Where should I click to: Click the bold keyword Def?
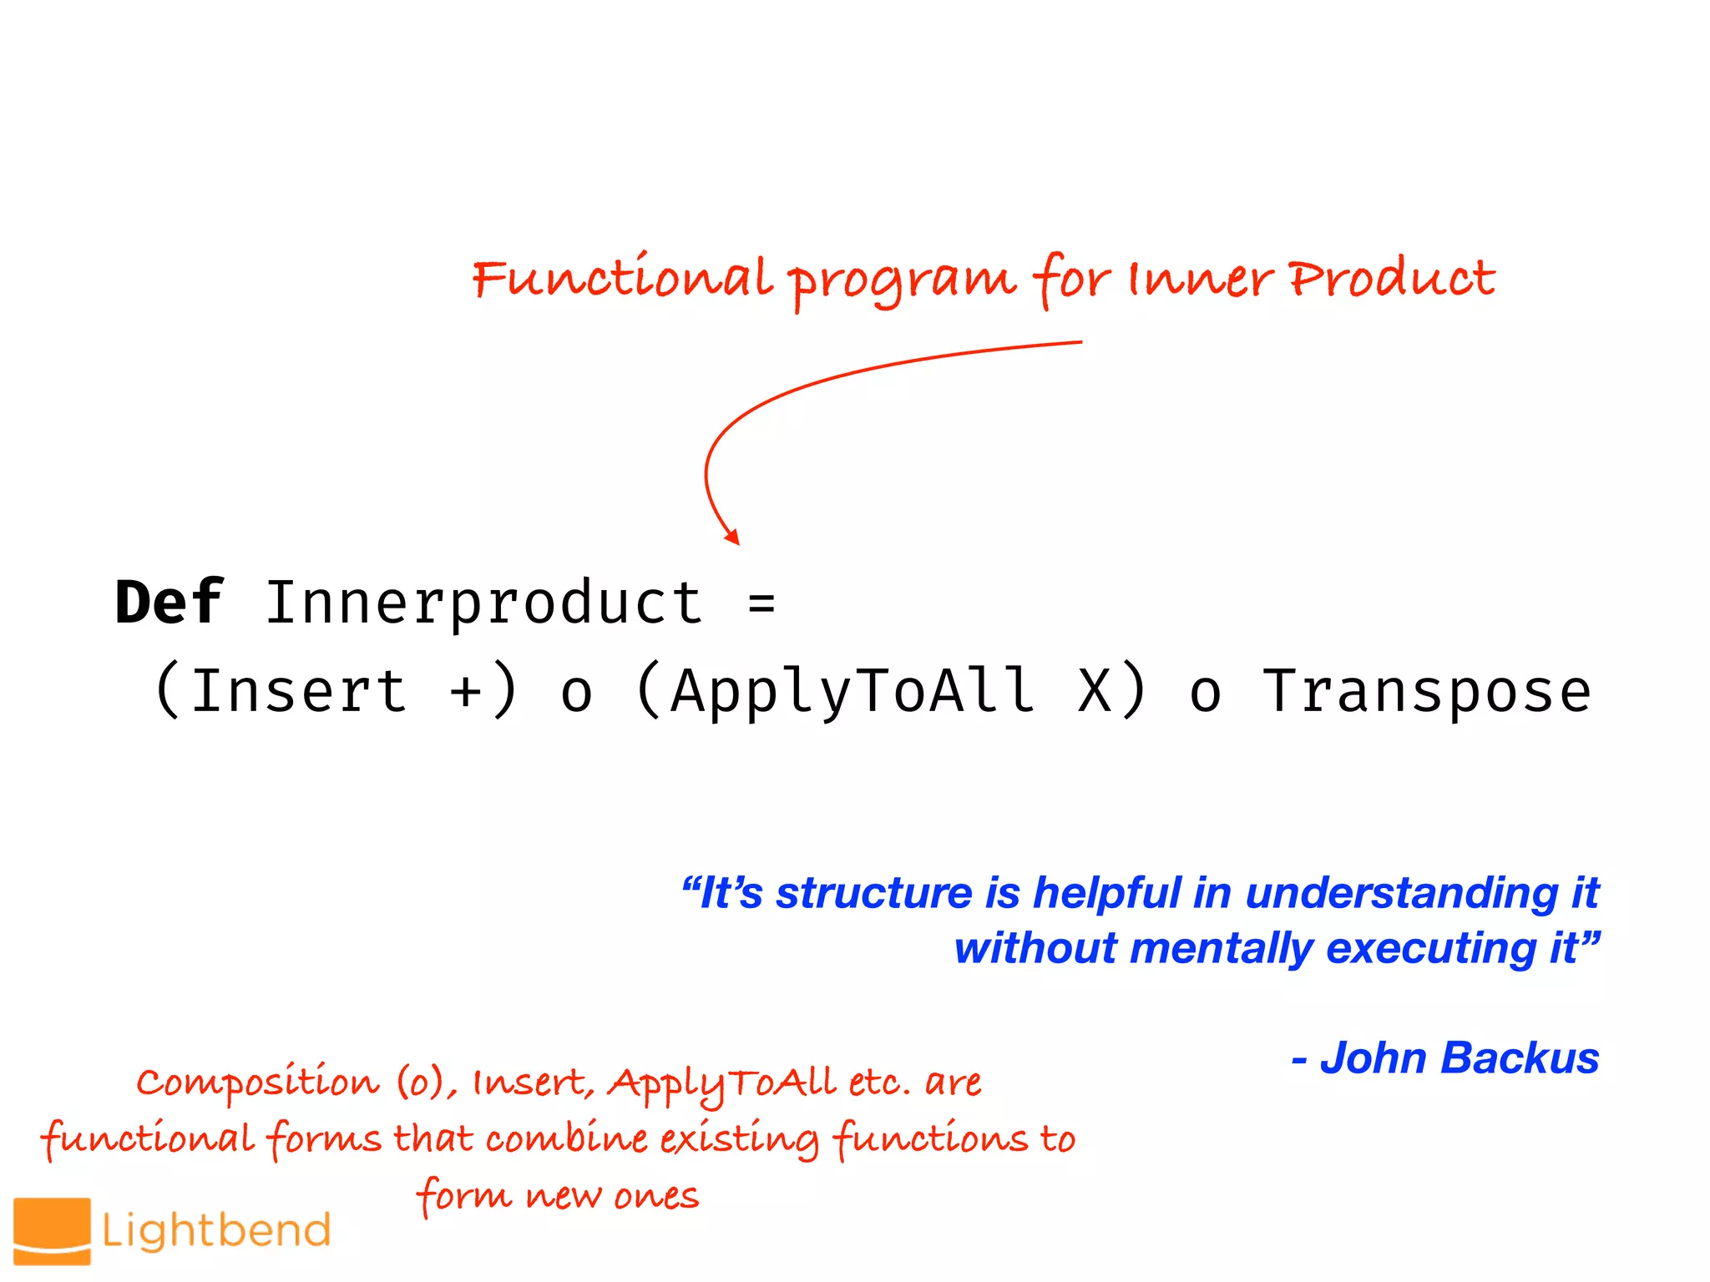[169, 603]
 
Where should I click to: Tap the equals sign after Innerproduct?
[761, 603]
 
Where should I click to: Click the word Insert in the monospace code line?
[299, 691]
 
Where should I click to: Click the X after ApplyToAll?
[1095, 691]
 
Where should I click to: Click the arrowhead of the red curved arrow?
[732, 537]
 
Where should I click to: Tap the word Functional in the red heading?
[622, 280]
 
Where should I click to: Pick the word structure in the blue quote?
[874, 893]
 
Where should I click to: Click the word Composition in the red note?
[257, 1083]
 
